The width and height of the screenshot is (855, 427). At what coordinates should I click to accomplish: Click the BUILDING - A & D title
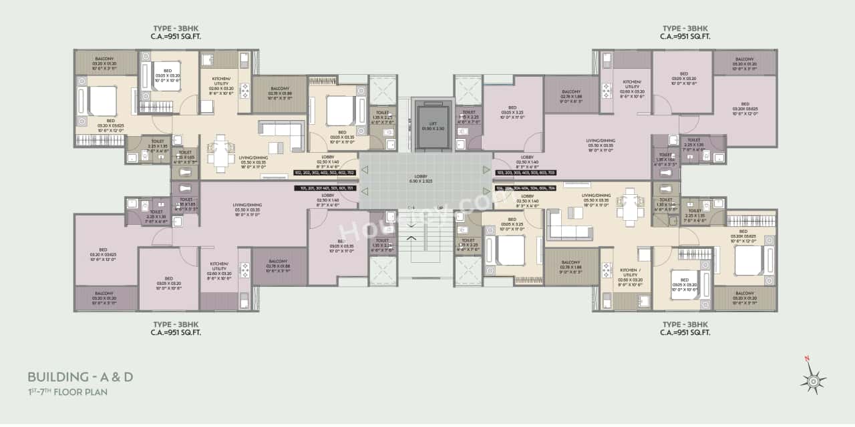(80, 377)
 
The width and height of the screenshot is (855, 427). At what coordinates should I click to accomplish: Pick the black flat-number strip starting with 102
(325, 172)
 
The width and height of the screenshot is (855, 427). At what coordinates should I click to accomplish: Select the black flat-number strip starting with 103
(526, 172)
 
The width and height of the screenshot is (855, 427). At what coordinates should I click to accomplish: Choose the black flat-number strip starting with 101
(325, 188)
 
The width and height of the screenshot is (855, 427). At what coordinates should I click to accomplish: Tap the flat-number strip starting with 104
(526, 188)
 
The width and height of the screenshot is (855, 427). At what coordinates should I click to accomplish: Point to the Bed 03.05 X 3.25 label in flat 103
(512, 112)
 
